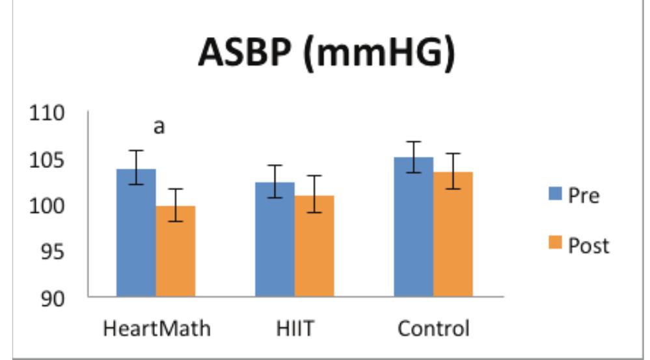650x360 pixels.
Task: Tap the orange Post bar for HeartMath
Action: pos(176,251)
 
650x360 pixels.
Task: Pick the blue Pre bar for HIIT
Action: pos(275,240)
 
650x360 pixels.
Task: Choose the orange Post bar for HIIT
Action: pos(314,246)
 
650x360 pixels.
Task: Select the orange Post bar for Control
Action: pos(454,234)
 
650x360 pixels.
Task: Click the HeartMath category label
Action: pos(157,328)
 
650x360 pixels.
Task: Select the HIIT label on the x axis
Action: pos(295,328)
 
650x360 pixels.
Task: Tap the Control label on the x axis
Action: pos(433,328)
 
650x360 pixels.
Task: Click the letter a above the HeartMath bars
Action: pos(159,127)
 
